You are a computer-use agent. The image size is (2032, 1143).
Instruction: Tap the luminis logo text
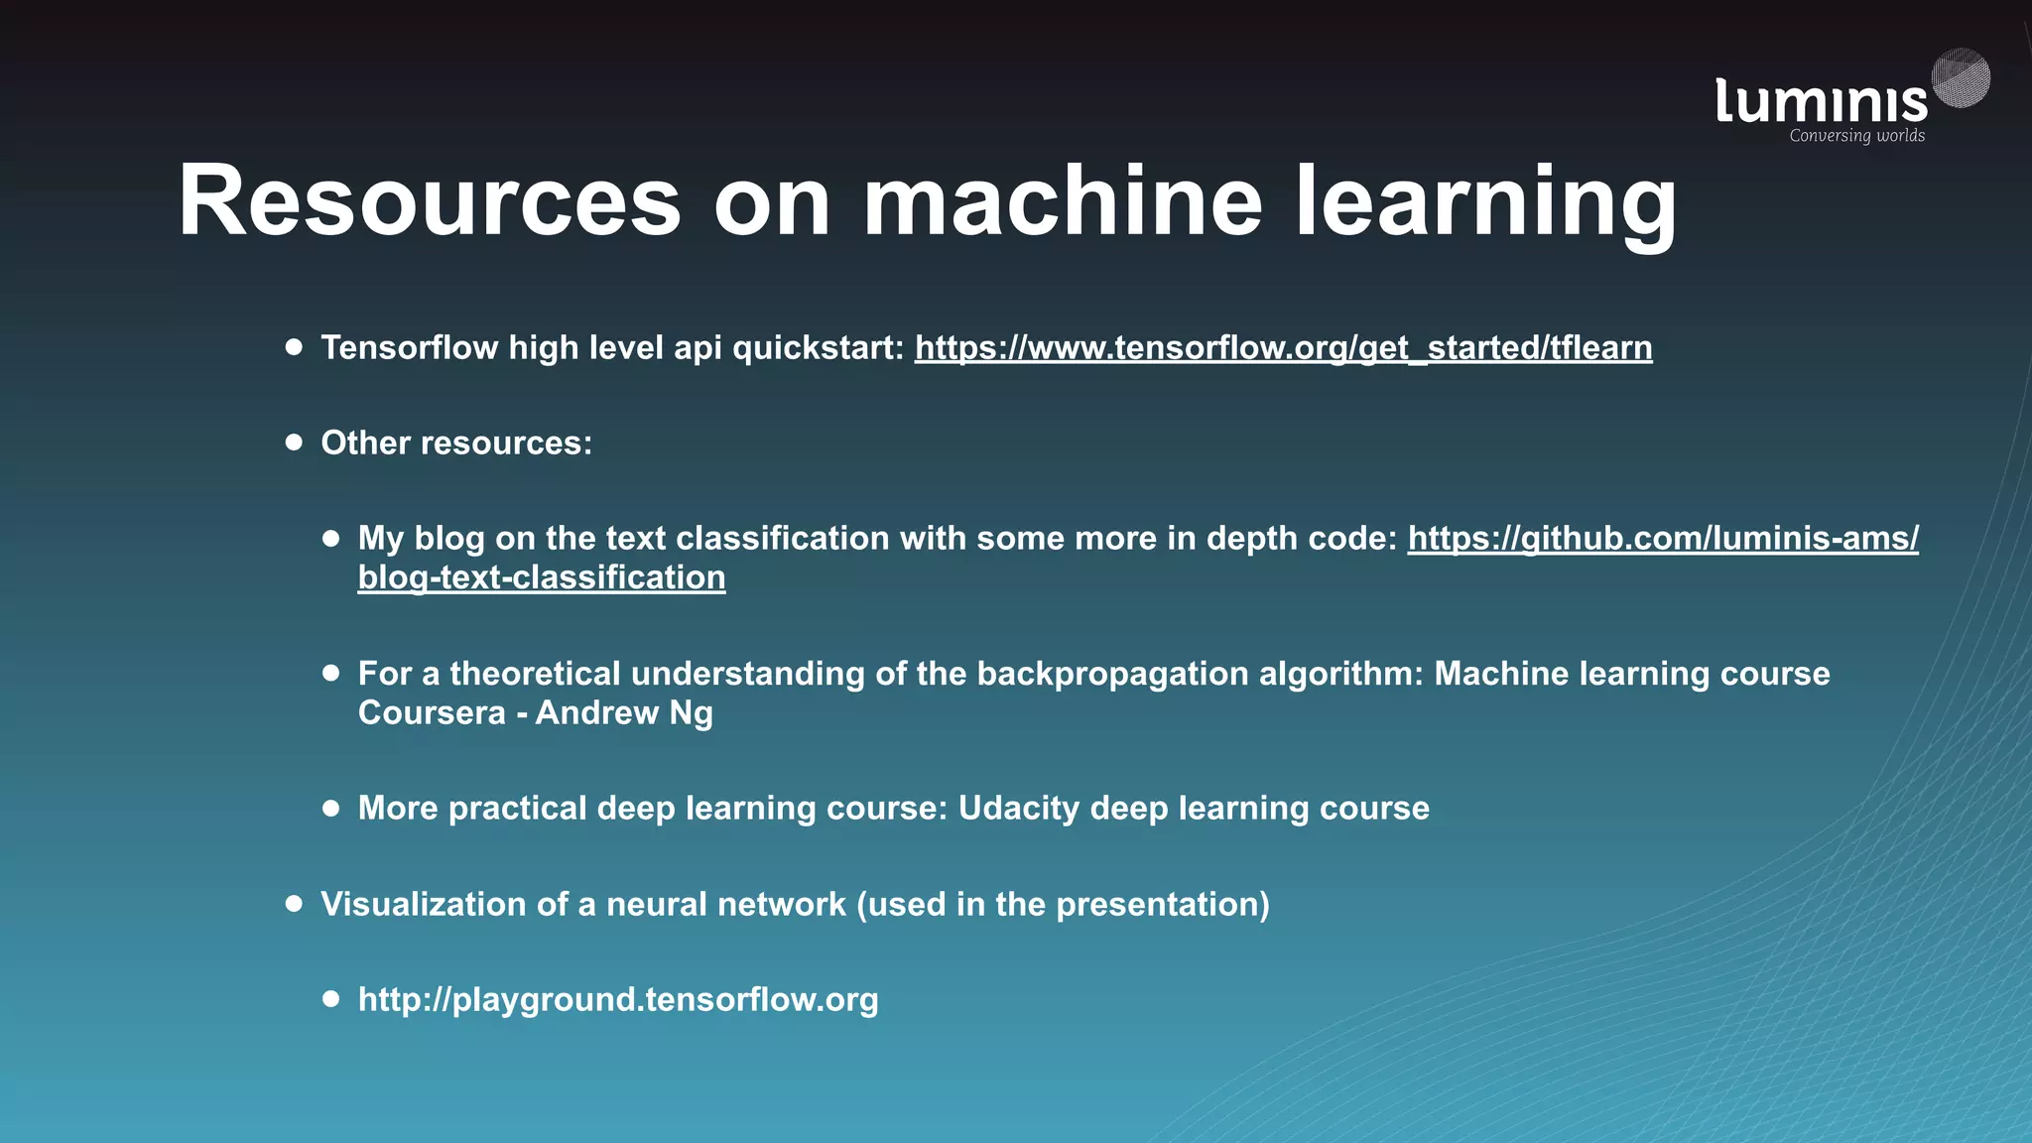(x=1821, y=101)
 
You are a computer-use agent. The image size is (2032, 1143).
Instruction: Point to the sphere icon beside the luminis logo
(x=1961, y=77)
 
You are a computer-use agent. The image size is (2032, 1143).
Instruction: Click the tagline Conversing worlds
(x=1856, y=136)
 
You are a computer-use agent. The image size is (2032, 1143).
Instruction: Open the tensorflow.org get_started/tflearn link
(x=1283, y=348)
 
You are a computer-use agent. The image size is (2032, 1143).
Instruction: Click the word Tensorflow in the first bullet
(x=409, y=348)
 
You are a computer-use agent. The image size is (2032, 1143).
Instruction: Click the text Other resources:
(x=456, y=444)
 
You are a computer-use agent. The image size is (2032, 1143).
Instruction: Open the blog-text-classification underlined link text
(x=542, y=577)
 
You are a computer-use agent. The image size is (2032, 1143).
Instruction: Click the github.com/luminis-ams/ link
(x=1663, y=538)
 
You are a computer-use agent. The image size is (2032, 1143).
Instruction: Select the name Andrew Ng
(x=624, y=713)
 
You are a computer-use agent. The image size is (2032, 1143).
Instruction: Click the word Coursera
(x=432, y=713)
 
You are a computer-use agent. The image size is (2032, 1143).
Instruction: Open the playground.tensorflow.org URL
(x=618, y=999)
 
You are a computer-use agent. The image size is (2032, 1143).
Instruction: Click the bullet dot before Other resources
(x=294, y=443)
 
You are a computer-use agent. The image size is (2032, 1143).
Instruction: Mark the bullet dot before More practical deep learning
(x=331, y=808)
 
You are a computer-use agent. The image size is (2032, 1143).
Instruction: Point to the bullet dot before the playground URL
(x=331, y=998)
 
